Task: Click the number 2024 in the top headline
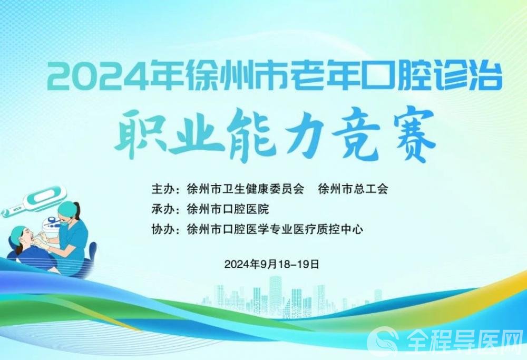(x=99, y=75)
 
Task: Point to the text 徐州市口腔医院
(x=228, y=209)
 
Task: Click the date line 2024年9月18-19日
(x=271, y=264)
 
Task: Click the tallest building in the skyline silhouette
(x=275, y=296)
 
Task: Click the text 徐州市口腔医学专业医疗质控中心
(x=275, y=230)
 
